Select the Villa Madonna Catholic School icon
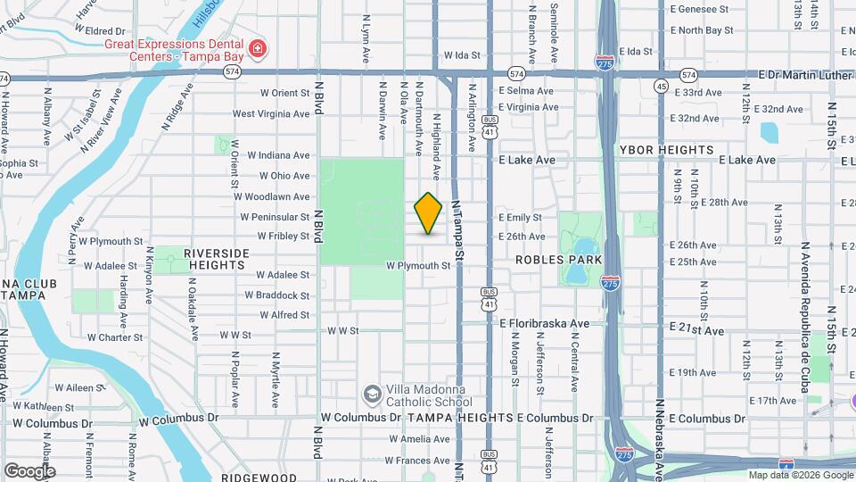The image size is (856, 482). [372, 394]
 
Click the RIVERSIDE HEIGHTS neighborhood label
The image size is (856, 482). [214, 259]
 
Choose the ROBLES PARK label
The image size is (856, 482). [559, 260]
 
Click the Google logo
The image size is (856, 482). [29, 470]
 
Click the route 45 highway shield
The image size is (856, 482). [660, 86]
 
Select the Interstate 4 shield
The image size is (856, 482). [786, 465]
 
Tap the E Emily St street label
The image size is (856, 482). [520, 217]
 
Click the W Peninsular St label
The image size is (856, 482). [275, 217]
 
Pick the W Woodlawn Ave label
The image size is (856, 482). [274, 196]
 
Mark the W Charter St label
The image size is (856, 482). [115, 337]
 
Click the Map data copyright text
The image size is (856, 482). [801, 475]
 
